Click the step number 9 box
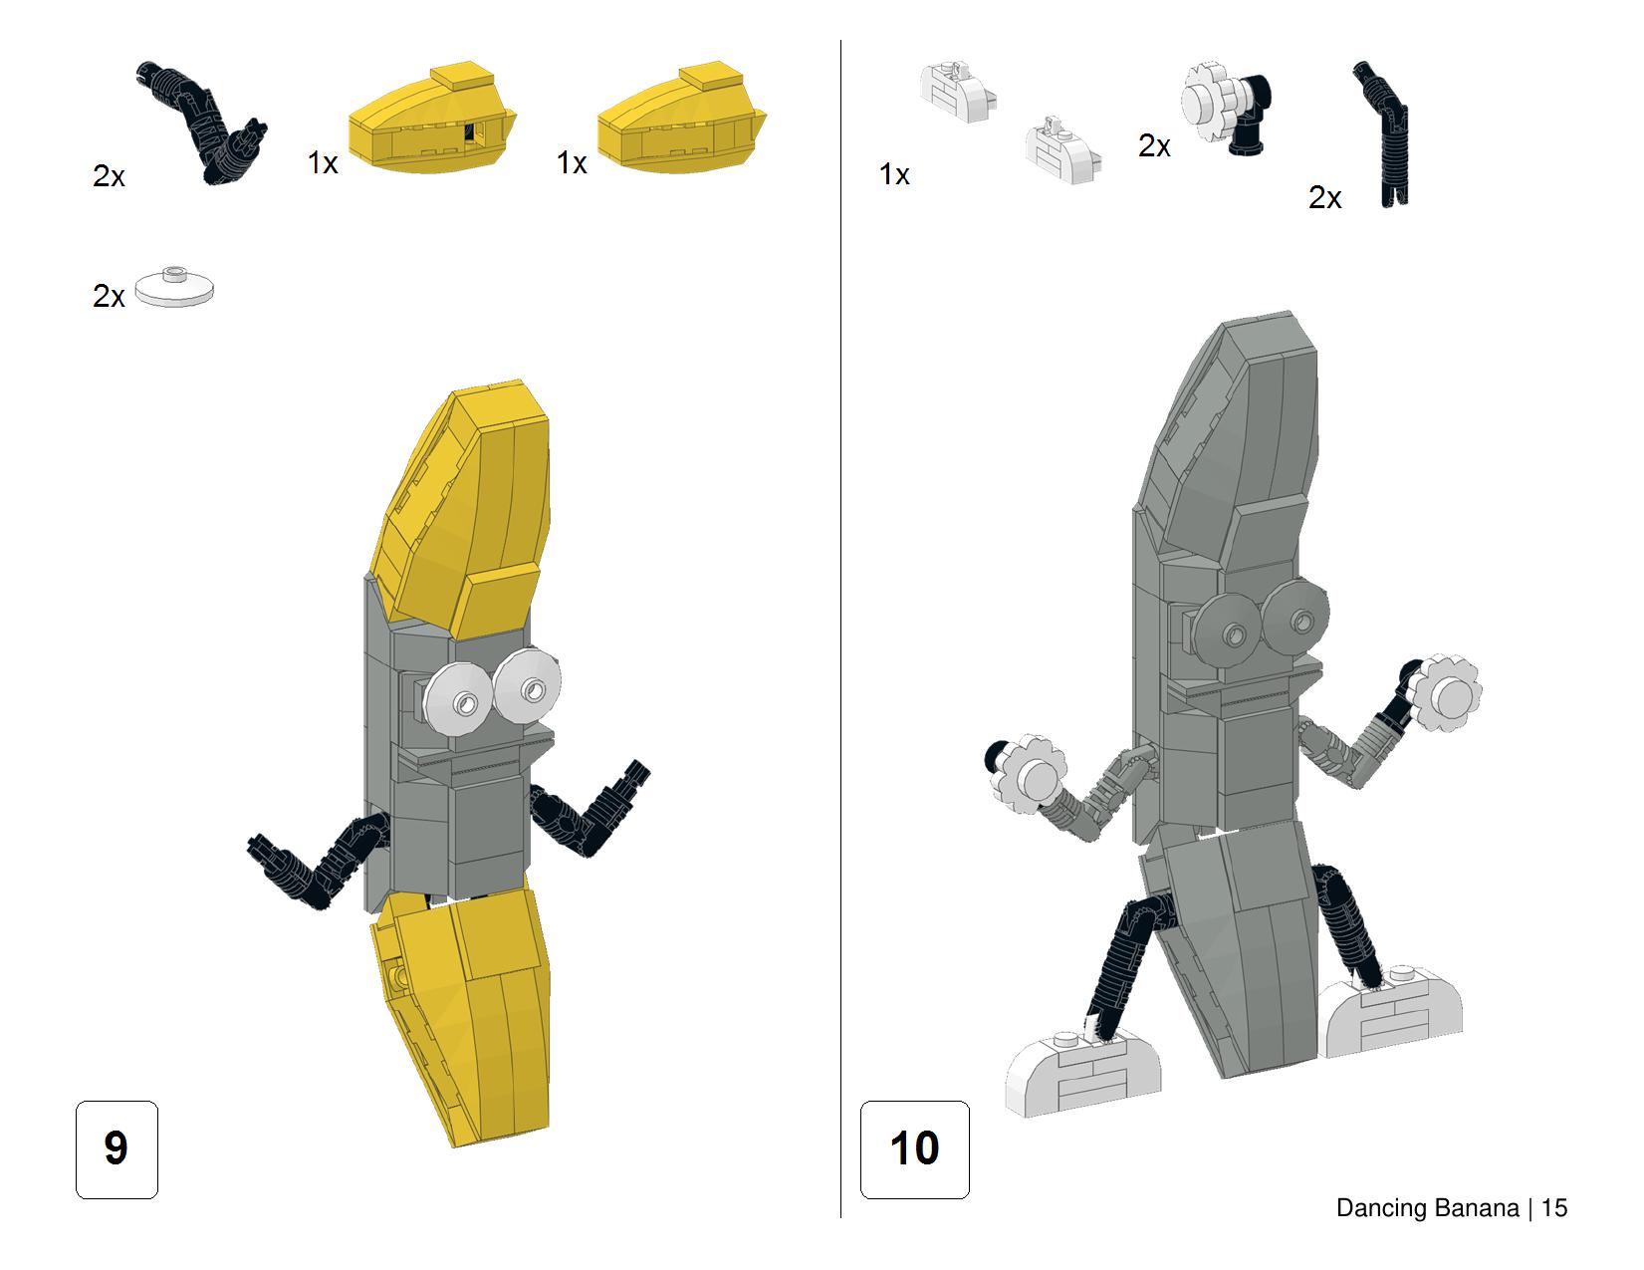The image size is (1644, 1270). (117, 1148)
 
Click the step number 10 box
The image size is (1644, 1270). (914, 1148)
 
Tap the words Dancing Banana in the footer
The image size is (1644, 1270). (1427, 1208)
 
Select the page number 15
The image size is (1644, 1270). (1554, 1208)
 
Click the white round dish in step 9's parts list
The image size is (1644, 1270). (174, 287)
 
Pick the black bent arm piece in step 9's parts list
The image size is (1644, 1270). (203, 123)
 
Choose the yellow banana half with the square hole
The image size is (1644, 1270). (432, 118)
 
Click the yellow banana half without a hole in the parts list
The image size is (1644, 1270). (681, 118)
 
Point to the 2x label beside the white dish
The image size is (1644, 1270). (109, 296)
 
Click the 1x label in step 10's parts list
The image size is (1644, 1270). (893, 174)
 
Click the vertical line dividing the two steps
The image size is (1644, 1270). (840, 629)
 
